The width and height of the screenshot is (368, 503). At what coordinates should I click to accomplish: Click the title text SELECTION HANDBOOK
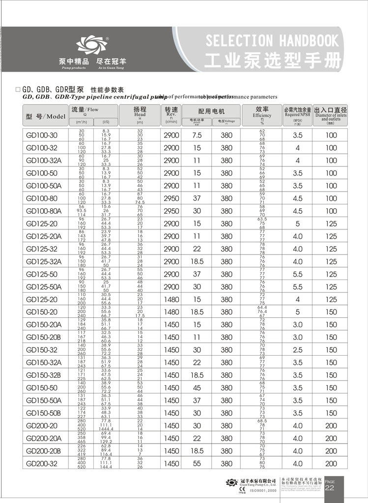coord(272,40)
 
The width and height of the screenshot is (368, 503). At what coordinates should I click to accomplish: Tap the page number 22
coord(330,488)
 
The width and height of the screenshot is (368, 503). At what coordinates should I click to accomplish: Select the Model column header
coord(45,116)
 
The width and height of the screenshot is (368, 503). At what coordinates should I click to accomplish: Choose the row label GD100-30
coord(42,135)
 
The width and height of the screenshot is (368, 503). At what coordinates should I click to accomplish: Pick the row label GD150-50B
coord(44,413)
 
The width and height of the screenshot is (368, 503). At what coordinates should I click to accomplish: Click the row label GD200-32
coord(42,464)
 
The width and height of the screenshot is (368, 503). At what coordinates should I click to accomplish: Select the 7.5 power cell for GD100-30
coord(197,135)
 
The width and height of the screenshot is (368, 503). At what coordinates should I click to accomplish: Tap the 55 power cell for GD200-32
coord(197,464)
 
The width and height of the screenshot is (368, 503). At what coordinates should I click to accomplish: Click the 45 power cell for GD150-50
coord(197,388)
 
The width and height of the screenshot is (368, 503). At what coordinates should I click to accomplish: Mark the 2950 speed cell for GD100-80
coord(171,198)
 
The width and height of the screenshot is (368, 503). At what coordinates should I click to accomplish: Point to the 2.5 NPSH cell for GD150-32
coord(297,350)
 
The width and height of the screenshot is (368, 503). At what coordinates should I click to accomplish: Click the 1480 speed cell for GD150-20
coord(171,312)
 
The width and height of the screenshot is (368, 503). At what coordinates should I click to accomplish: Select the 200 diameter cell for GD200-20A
coord(331,439)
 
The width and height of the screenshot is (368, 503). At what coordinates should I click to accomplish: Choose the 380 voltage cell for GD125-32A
coord(226,262)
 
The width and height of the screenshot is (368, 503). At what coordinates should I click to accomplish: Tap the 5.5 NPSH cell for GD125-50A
coord(297,287)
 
